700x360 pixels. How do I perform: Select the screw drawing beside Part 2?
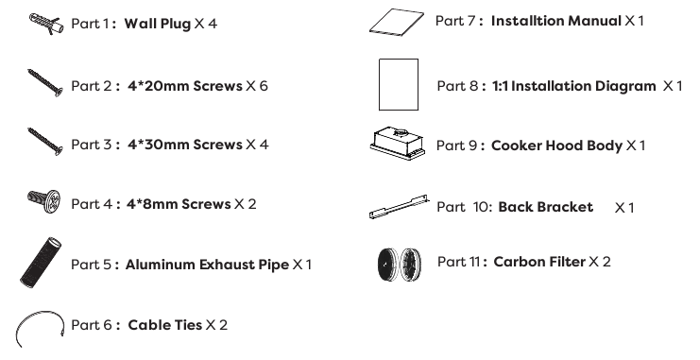pyautogui.click(x=45, y=82)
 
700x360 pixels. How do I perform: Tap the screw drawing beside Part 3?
pyautogui.click(x=45, y=142)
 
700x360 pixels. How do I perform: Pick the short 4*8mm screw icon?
pyautogui.click(x=43, y=201)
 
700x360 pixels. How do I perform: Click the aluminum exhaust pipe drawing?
pyautogui.click(x=41, y=263)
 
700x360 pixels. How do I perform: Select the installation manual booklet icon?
pyautogui.click(x=397, y=22)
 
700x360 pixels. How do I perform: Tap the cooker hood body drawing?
pyautogui.click(x=398, y=144)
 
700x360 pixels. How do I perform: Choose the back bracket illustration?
pyautogui.click(x=399, y=207)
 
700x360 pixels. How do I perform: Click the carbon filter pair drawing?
pyautogui.click(x=399, y=265)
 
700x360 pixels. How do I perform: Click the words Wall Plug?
pyautogui.click(x=158, y=24)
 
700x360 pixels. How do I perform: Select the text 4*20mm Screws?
pyautogui.click(x=185, y=86)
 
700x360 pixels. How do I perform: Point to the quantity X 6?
pyautogui.click(x=257, y=86)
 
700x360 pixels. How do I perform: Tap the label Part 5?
pyautogui.click(x=91, y=265)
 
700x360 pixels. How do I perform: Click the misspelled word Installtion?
pyautogui.click(x=521, y=21)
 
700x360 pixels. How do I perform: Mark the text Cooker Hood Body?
pyautogui.click(x=556, y=146)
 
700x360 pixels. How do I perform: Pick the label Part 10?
pyautogui.click(x=464, y=207)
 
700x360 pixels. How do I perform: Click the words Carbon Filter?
pyautogui.click(x=539, y=262)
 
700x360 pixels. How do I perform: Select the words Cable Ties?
pyautogui.click(x=165, y=325)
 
